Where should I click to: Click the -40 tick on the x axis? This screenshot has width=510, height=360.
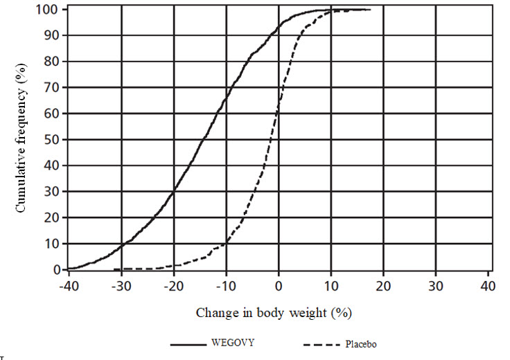[68, 286]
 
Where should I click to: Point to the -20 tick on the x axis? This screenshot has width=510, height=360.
[173, 286]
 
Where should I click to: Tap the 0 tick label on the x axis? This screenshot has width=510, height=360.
[278, 286]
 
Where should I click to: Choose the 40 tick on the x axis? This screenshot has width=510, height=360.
[488, 286]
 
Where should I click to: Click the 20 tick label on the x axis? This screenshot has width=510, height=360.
[383, 286]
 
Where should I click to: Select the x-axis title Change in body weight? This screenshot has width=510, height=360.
[274, 312]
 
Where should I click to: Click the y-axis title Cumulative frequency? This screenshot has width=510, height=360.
[21, 138]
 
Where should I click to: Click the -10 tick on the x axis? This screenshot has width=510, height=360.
[225, 286]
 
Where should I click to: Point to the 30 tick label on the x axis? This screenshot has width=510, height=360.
[436, 286]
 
